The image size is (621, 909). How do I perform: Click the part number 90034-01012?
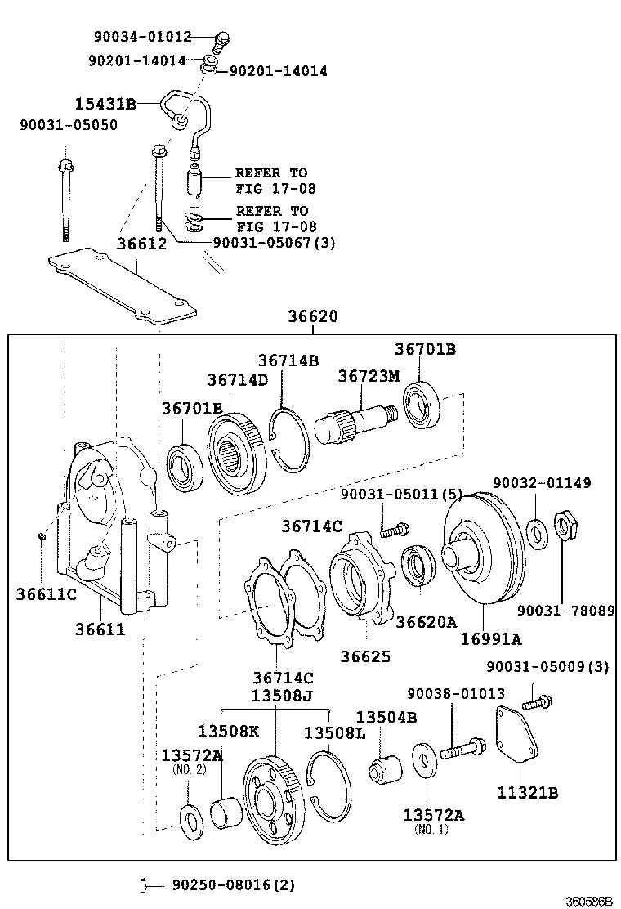[144, 37]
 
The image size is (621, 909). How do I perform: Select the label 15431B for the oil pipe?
[105, 104]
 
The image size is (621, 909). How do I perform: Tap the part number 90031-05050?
[69, 125]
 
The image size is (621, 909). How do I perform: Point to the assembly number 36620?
[312, 316]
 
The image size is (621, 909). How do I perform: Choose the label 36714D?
[237, 379]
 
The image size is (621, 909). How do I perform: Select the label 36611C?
[46, 593]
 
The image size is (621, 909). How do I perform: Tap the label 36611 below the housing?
[101, 629]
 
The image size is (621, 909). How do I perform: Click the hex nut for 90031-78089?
[565, 526]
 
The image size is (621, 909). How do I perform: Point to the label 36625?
[366, 656]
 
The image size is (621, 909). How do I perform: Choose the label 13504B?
[386, 717]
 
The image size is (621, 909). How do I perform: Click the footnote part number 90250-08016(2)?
[233, 884]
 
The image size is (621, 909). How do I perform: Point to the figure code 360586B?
[591, 901]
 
